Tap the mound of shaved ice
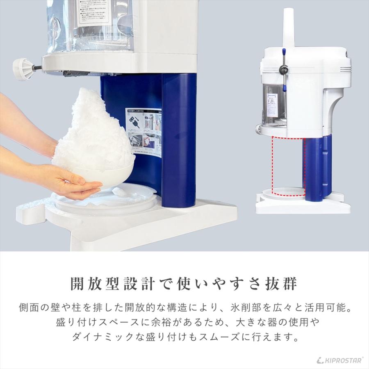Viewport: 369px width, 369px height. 94,127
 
